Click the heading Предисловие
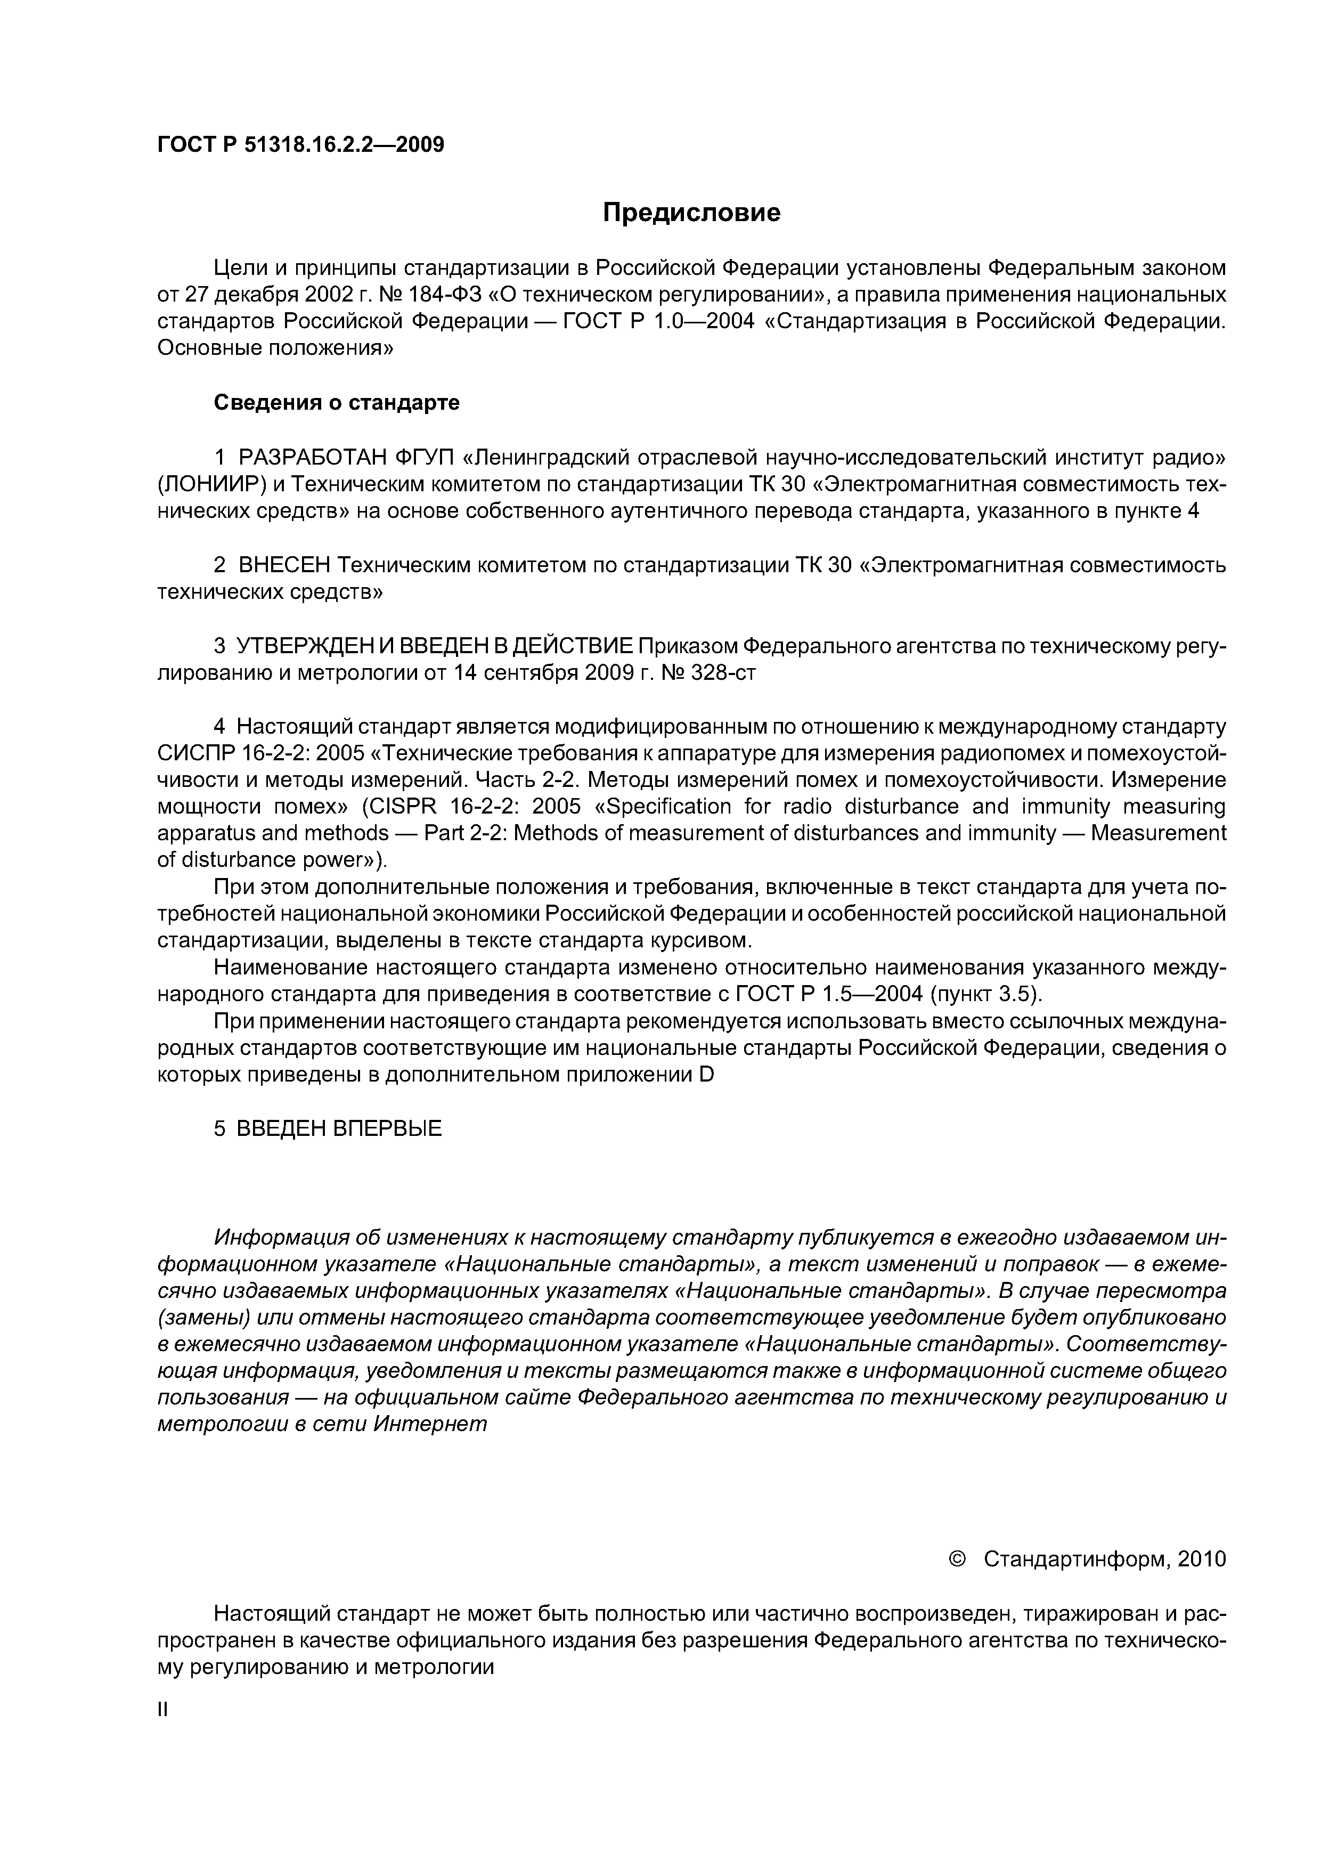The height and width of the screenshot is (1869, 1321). click(x=691, y=213)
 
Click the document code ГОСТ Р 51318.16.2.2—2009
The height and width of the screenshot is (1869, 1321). click(x=300, y=145)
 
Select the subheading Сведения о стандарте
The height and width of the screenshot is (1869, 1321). click(x=336, y=403)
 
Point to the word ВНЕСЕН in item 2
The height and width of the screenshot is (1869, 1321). click(x=283, y=565)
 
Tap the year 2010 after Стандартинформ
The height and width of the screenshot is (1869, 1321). click(x=1201, y=1559)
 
